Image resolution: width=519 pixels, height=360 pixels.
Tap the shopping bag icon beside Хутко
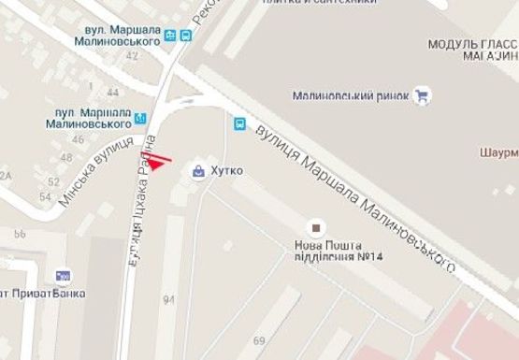click(198, 171)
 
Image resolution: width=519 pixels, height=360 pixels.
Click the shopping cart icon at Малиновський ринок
click(422, 94)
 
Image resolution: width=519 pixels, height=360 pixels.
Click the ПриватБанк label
click(43, 293)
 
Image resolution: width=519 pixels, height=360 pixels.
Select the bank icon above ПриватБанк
click(64, 276)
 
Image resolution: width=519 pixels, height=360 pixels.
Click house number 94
click(169, 300)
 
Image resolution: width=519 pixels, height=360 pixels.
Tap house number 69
click(258, 340)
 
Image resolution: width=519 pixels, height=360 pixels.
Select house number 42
click(132, 56)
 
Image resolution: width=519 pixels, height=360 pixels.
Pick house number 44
click(113, 93)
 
